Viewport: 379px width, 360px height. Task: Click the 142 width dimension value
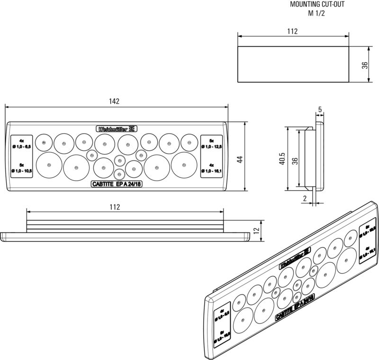[114, 102]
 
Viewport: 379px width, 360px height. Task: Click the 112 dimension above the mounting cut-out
[292, 31]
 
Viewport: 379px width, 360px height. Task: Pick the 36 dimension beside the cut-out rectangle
[365, 65]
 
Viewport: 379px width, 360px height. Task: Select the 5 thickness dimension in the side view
[320, 110]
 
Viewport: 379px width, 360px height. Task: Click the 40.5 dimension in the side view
[282, 159]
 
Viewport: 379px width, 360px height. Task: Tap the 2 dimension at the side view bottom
[306, 198]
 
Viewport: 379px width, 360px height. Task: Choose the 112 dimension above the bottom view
[114, 207]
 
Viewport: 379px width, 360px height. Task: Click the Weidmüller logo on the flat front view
[117, 129]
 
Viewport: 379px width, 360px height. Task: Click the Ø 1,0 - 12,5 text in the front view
[212, 148]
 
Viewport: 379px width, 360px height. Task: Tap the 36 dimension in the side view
[294, 161]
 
